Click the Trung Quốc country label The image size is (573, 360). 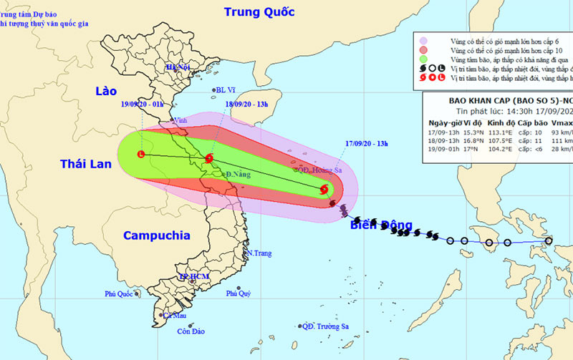(x=259, y=12)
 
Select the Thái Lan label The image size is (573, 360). (x=85, y=165)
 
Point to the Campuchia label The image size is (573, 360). (x=156, y=235)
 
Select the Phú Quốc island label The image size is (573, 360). (x=119, y=293)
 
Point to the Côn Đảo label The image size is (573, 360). (x=192, y=331)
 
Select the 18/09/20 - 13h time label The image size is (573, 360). (x=246, y=104)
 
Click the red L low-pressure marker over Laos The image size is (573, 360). (x=141, y=154)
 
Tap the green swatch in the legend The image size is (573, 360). (x=424, y=59)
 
